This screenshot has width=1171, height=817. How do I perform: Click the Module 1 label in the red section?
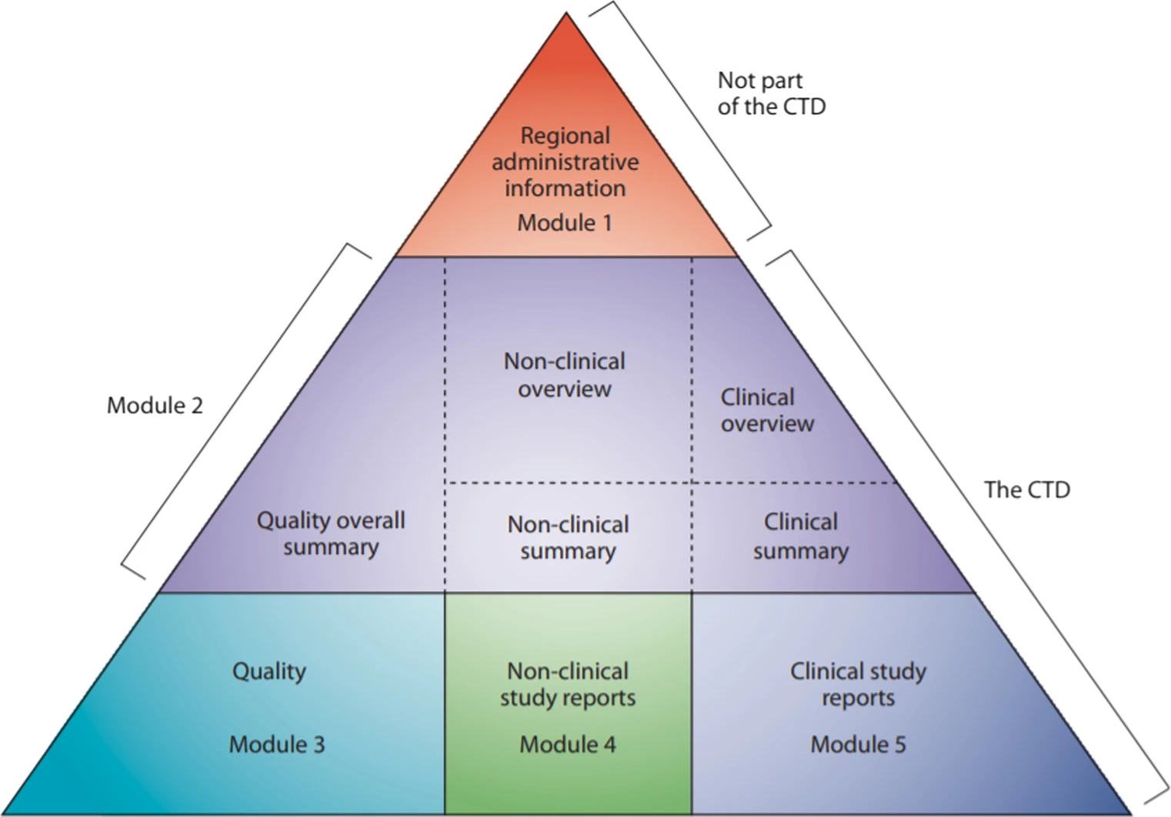(x=565, y=223)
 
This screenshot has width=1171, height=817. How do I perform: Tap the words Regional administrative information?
(x=565, y=162)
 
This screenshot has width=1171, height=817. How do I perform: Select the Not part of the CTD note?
(x=771, y=93)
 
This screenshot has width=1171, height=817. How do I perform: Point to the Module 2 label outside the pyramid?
(x=155, y=405)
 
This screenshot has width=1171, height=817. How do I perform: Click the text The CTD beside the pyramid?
(x=1027, y=490)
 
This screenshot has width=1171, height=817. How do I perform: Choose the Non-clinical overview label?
(x=565, y=375)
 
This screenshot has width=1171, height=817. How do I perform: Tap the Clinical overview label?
(x=766, y=410)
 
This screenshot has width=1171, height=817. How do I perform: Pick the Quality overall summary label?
(x=331, y=533)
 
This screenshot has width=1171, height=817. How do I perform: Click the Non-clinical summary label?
(x=568, y=537)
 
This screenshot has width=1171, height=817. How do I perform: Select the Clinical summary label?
(x=800, y=536)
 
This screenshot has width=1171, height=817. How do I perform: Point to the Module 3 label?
(x=277, y=745)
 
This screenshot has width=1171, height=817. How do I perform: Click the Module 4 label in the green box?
(x=568, y=745)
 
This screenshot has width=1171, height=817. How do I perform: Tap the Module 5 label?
(x=858, y=745)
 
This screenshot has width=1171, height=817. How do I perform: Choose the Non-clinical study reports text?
(x=568, y=684)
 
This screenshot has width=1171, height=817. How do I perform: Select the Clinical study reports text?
(x=858, y=684)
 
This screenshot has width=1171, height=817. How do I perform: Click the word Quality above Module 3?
(x=269, y=671)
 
